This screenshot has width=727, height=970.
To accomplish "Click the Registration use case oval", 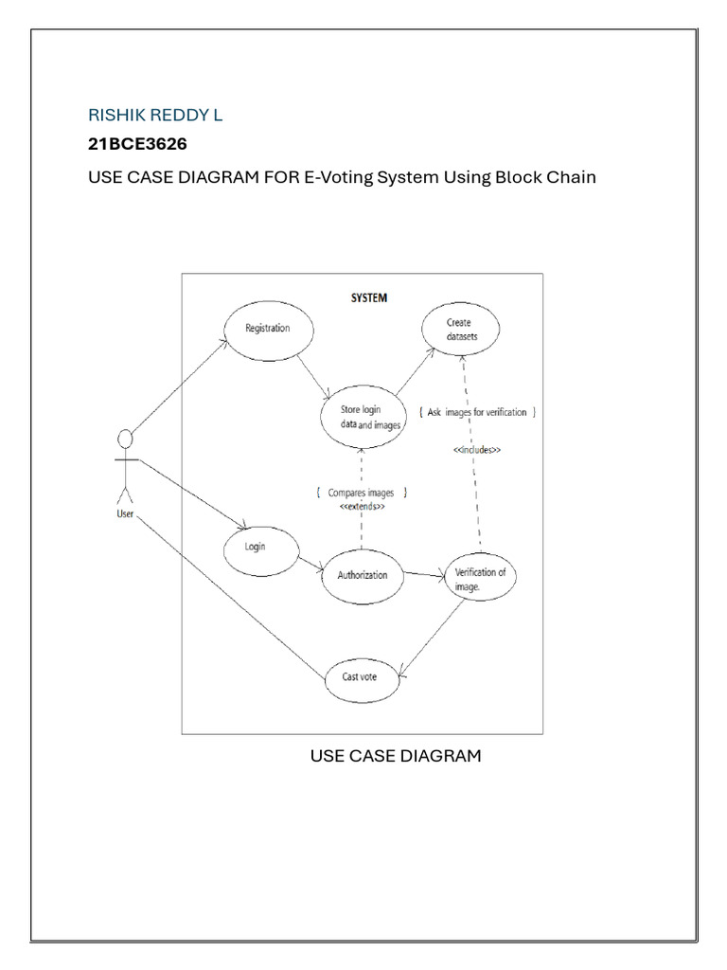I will pos(267,330).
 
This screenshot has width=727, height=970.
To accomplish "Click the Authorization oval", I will pos(362,574).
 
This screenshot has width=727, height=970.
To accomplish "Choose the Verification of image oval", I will pos(480,579).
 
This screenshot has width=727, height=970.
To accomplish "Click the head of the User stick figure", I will pos(123,438).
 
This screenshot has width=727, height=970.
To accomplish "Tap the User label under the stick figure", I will pos(124,513).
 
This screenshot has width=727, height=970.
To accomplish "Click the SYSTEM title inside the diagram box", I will pos(369,297).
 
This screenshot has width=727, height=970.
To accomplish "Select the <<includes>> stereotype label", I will pos(476,451).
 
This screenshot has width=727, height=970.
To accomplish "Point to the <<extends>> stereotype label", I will pos(362,508).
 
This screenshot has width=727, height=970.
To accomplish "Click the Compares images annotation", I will pos(361,493).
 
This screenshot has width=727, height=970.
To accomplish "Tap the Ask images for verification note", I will pos(478,412).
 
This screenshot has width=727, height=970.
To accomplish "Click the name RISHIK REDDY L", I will pos(155,116).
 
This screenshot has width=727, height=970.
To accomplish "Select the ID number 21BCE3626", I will pos(137,146).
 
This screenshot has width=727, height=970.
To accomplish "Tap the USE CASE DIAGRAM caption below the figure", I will pos(396,756).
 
